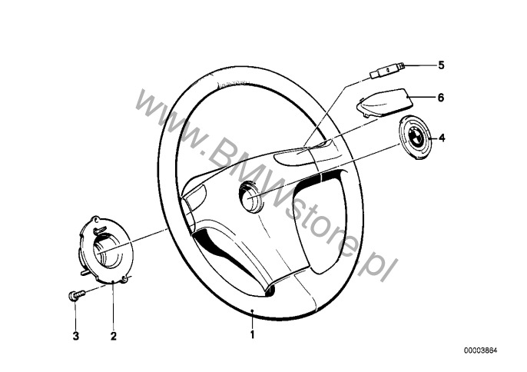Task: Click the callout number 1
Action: pyautogui.click(x=253, y=334)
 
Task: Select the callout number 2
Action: pyautogui.click(x=114, y=336)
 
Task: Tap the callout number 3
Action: pyautogui.click(x=76, y=336)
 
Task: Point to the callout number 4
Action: pyautogui.click(x=442, y=138)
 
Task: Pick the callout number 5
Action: pyautogui.click(x=441, y=65)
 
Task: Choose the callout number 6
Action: pyautogui.click(x=441, y=98)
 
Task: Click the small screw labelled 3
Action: pyautogui.click(x=77, y=296)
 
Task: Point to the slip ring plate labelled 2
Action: pyautogui.click(x=107, y=251)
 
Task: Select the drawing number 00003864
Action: pyautogui.click(x=480, y=350)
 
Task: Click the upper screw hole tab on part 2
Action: pyautogui.click(x=97, y=219)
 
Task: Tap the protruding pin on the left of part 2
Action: pyautogui.click(x=85, y=273)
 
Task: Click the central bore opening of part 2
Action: pyautogui.click(x=107, y=251)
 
